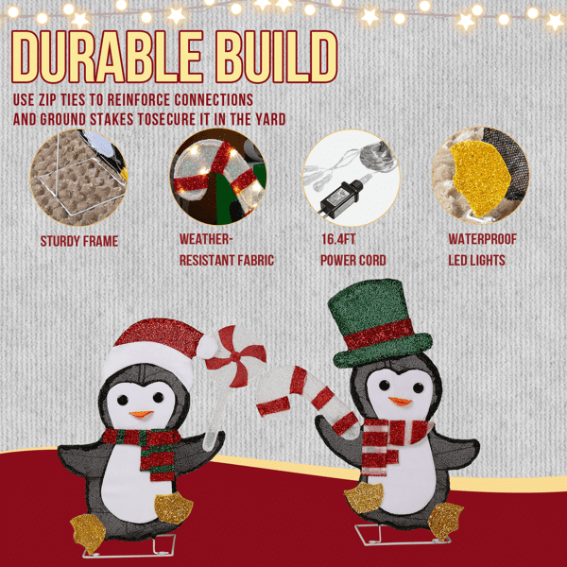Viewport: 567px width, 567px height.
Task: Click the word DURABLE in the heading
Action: tap(107, 57)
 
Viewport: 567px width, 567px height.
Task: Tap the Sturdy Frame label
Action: tap(79, 241)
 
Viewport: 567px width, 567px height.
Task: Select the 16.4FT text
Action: tap(338, 239)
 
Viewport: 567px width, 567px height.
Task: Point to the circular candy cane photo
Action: tap(218, 177)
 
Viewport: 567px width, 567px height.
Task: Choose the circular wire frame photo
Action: tap(78, 178)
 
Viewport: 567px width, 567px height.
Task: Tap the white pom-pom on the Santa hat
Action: tap(207, 347)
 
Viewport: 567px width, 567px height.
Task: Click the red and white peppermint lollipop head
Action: tap(236, 356)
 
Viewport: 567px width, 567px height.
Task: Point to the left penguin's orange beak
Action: tap(141, 414)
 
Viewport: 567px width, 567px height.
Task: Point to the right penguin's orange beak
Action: tap(401, 402)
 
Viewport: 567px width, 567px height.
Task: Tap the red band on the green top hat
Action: tap(379, 335)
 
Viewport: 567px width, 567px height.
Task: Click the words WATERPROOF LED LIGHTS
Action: tap(482, 249)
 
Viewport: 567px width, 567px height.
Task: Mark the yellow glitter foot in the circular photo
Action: tap(479, 179)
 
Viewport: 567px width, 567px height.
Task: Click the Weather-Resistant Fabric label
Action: tap(227, 249)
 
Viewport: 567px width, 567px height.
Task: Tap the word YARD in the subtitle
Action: tap(270, 120)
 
